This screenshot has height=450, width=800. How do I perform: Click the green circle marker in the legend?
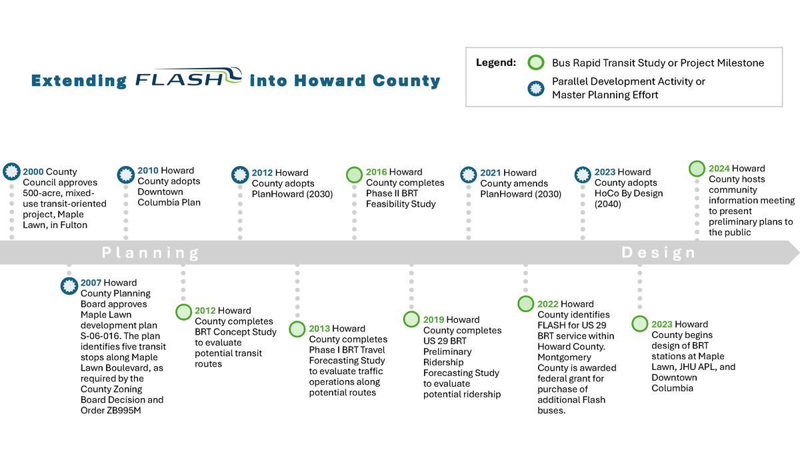(535, 63)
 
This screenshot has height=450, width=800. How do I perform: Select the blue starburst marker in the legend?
(535, 88)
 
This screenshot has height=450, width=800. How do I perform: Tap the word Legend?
(495, 63)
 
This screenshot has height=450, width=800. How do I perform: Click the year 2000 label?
(33, 172)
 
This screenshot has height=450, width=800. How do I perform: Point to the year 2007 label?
(91, 283)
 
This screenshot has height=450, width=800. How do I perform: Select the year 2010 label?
(148, 171)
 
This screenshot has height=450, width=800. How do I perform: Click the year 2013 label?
(319, 329)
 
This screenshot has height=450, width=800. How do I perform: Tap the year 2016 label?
(377, 172)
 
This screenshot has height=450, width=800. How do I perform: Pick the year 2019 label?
(434, 320)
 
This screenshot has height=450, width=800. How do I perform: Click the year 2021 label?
(491, 173)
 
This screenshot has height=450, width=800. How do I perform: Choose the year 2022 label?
(548, 304)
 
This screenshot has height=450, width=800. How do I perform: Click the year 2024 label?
(719, 169)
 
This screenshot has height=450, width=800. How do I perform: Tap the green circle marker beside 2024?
(697, 169)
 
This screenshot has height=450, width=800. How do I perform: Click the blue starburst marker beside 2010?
(125, 175)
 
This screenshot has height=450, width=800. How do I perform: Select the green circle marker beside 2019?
(411, 319)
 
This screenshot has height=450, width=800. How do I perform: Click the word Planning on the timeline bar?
(151, 253)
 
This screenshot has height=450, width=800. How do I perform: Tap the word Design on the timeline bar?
(659, 253)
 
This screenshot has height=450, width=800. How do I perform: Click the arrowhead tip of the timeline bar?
(797, 252)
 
